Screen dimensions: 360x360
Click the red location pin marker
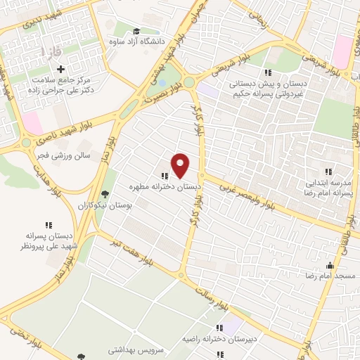pos(181,165)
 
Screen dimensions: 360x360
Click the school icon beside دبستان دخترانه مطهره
pos(164,176)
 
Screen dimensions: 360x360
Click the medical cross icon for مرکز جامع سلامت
pos(61,70)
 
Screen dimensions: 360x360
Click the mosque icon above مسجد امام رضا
pos(329,265)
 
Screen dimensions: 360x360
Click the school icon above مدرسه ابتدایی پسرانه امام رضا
pos(328,171)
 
